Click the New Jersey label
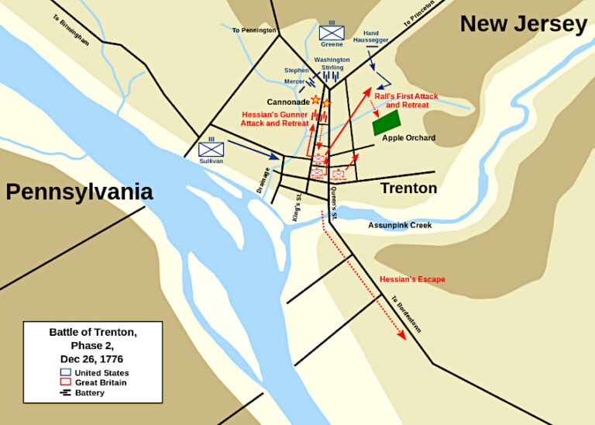pos(523,24)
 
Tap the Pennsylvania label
pos(79,192)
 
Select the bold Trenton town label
pos(408,188)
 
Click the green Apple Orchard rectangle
pos(386,123)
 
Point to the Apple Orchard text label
pos(408,138)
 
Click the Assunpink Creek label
pos(400,225)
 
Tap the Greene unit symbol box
pos(332,33)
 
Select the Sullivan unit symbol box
pos(211,149)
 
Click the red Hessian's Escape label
pos(412,279)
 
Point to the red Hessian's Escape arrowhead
pos(401,335)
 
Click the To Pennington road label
pos(254,30)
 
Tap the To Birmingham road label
pos(71,29)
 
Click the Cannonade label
pos(287,102)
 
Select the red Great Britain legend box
pos(65,382)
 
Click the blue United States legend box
pos(65,372)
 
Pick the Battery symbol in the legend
pos(65,392)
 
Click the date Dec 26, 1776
pos(92,359)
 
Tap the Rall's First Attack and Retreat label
pos(406,101)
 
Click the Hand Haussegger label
pos(370,36)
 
